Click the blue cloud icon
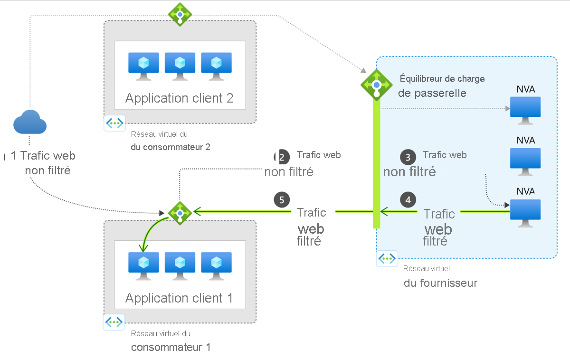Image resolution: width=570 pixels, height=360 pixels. tap(30, 123)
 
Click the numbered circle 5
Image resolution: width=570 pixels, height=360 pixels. tap(282, 199)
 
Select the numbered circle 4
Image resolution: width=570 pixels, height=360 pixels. tap(408, 199)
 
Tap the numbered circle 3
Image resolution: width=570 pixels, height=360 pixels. tap(408, 157)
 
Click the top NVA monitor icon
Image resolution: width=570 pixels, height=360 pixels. tap(525, 110)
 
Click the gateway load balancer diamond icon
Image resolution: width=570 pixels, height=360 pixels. tap(377, 84)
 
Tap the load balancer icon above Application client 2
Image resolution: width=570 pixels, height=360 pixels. tap(180, 14)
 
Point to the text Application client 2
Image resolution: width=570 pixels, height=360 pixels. tap(179, 98)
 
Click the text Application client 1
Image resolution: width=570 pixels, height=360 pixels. tap(179, 298)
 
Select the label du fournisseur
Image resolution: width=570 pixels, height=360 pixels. tap(440, 284)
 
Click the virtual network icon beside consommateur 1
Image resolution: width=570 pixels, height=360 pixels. tap(114, 322)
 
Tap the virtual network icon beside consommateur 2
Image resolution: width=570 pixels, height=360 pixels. tap(114, 123)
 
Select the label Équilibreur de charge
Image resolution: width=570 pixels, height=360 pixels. tap(442, 79)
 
